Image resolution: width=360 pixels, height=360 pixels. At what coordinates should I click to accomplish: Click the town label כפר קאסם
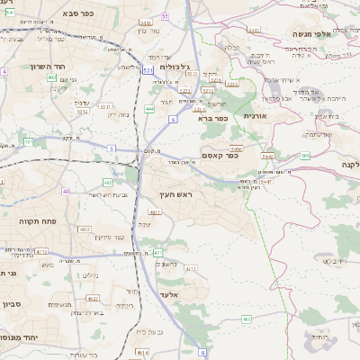(219, 155)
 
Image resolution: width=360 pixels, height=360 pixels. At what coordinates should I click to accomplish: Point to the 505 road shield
(306, 156)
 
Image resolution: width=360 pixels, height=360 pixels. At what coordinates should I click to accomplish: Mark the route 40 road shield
(66, 191)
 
